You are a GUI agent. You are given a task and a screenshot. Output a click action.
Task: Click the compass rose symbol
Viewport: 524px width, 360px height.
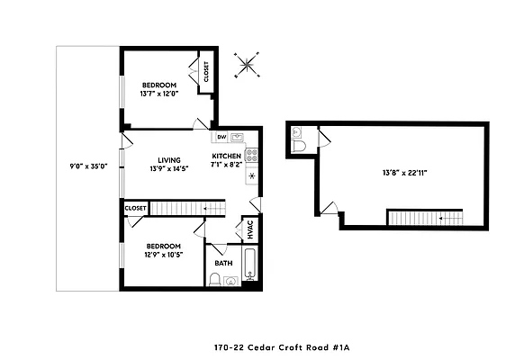[245, 64]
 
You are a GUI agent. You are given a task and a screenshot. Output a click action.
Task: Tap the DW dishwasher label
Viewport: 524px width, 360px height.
[221, 138]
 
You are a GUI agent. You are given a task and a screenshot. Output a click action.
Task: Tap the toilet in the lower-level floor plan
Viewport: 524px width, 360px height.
[301, 144]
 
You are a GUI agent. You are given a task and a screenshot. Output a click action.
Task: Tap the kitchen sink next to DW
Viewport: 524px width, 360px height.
[238, 138]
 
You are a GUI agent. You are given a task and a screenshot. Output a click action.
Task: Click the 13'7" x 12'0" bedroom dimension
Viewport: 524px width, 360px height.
[159, 94]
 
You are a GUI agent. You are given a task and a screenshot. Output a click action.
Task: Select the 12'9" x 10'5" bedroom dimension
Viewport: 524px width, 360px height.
[162, 256]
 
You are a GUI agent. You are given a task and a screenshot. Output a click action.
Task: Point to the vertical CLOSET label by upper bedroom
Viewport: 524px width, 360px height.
[206, 72]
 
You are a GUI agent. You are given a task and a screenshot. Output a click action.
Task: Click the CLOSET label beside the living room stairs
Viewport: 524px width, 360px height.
[136, 208]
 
